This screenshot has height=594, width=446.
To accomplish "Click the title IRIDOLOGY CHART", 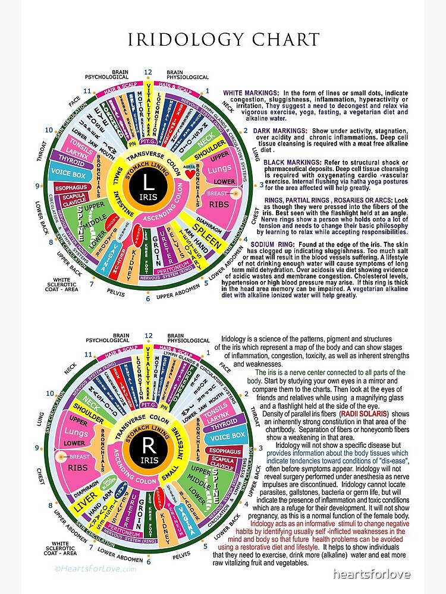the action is coord(223,40).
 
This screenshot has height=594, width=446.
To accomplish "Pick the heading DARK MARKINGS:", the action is coord(280,130).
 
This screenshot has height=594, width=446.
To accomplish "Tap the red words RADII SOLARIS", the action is coord(364,413).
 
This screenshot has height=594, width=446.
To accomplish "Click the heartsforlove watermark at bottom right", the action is coord(371,573).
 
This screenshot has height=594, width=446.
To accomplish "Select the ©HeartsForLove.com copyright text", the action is coord(95,568).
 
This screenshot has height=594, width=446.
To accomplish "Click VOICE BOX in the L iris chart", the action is coord(70,174).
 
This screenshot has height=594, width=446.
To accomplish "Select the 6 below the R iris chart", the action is coord(147,561).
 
